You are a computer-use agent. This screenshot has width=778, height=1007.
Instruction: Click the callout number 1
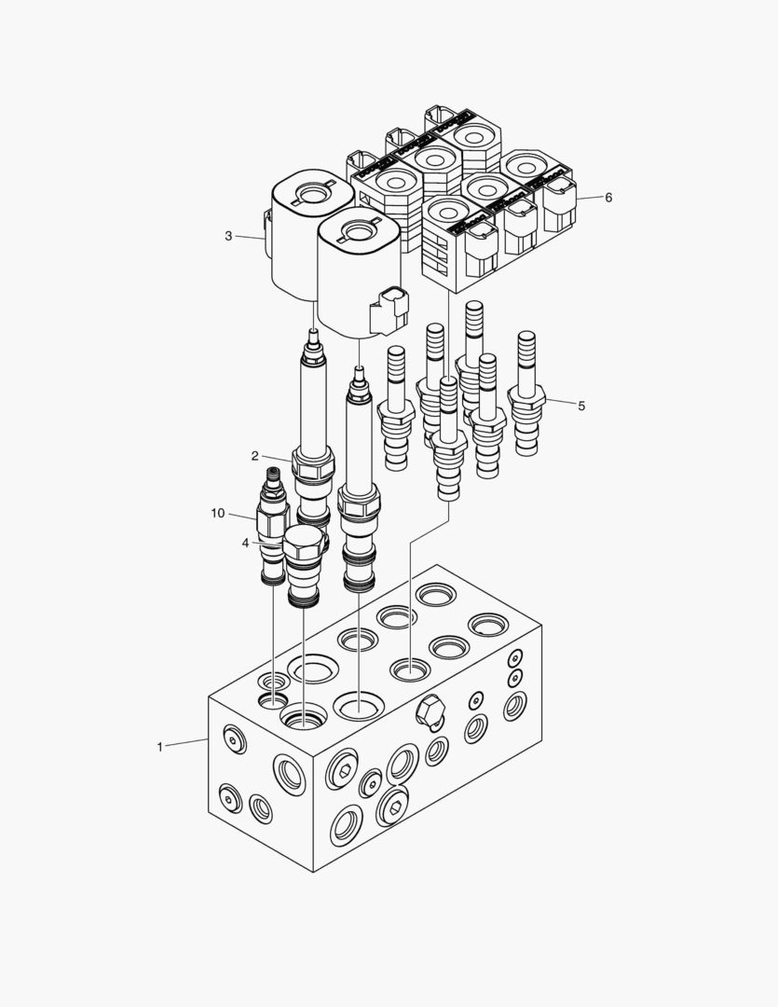tap(159, 747)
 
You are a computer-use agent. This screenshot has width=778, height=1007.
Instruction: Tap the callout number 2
tap(254, 455)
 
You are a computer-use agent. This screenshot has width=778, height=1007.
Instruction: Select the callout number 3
tap(228, 236)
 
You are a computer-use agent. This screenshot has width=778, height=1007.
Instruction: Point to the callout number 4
tap(245, 543)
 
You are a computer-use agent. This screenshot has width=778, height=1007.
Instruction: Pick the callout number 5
tap(581, 406)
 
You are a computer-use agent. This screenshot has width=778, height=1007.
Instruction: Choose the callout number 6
tap(608, 198)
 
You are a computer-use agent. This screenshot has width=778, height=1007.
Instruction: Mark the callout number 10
tap(218, 513)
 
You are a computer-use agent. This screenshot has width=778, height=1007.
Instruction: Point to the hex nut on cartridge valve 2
tap(312, 463)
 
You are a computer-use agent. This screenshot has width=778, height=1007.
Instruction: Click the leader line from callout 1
tap(186, 743)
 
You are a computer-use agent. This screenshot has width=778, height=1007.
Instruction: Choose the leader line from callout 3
tap(250, 238)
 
